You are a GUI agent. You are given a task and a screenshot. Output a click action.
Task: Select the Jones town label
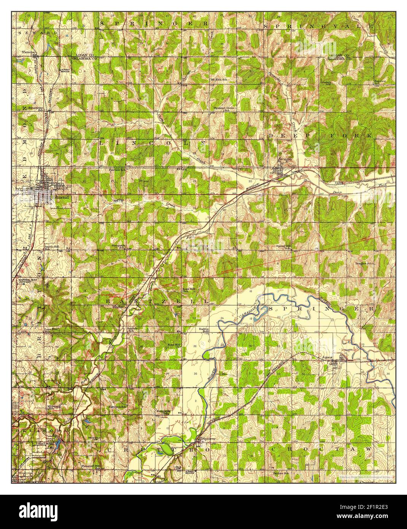coord(327,357)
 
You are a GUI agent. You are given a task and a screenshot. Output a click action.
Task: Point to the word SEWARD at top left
coord(37,33)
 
